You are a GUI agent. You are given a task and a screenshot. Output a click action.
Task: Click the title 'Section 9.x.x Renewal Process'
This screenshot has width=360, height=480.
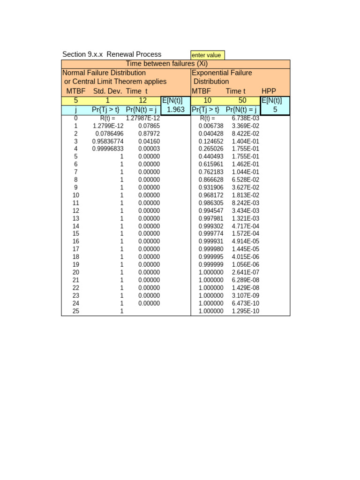112,54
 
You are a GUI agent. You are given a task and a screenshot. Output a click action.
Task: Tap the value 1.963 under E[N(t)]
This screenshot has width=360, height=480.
176,110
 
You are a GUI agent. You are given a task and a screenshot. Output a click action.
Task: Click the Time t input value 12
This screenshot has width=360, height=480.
143,101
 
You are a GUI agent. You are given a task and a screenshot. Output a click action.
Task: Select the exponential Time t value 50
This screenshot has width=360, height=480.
243,101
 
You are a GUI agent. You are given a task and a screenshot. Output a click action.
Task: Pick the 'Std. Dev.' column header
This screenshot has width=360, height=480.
107,91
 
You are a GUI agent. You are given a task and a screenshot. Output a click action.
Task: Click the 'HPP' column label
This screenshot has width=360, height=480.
269,91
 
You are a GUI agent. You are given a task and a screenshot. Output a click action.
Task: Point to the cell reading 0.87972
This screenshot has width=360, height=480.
149,134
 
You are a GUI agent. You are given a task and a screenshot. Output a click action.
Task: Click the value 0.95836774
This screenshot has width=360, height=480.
108,141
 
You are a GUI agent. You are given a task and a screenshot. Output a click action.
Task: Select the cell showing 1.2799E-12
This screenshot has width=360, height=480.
108,126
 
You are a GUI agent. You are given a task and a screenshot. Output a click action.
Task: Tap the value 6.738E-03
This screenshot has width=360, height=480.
246,118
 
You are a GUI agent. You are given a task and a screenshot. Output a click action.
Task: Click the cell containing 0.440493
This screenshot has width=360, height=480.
211,157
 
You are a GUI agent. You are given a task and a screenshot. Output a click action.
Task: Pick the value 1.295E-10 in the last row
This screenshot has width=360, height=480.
246,311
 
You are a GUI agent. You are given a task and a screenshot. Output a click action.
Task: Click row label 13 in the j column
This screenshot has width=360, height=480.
76,218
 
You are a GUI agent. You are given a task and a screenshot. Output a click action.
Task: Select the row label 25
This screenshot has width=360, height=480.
76,311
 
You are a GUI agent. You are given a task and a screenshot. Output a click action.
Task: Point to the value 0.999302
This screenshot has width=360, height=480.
211,226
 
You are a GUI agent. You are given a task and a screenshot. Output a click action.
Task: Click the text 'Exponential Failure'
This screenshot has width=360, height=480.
222,73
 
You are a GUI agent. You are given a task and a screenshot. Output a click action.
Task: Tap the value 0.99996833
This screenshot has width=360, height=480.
108,149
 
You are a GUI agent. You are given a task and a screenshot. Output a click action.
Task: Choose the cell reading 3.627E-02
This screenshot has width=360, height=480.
246,187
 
